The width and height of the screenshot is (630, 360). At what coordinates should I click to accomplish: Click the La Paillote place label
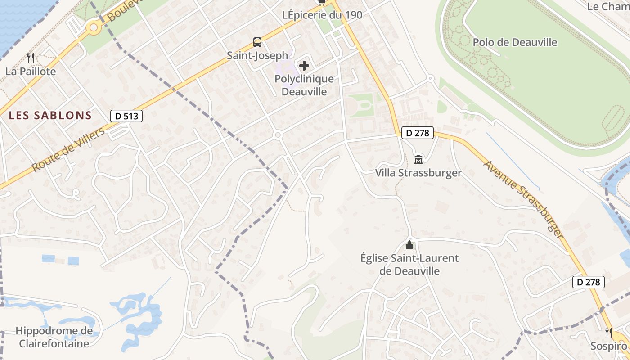pos(31,72)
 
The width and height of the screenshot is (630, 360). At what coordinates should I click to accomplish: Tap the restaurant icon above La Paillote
pos(31,58)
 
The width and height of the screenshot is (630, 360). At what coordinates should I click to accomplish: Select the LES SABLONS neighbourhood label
pos(50,115)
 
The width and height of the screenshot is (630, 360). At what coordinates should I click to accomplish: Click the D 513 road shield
pos(126,116)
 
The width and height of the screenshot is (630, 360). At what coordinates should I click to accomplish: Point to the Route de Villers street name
pos(68,149)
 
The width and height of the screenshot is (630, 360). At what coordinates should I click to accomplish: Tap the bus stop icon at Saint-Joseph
pos(257,42)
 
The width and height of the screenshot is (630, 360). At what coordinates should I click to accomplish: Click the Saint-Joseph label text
pos(257,55)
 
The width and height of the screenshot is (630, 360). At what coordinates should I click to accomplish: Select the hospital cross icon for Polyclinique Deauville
pos(304,66)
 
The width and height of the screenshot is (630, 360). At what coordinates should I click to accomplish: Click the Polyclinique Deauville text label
pos(304,85)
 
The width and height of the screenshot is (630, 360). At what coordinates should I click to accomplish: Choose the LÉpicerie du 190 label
pos(322,15)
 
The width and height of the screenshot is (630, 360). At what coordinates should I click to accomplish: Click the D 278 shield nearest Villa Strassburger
pos(418,133)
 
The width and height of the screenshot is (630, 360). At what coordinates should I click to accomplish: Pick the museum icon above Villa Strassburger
pos(418,159)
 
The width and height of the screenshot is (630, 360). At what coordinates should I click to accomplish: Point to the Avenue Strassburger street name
pos(523,196)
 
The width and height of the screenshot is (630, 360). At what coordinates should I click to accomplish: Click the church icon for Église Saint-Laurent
pos(409,245)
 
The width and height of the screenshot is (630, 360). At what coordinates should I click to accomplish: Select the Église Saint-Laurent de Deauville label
pos(409,265)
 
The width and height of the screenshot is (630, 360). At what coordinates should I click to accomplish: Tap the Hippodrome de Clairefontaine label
pos(54,337)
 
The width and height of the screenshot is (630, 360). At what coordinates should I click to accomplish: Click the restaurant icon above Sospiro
pos(609,333)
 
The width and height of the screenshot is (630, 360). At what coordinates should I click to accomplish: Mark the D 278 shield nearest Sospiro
pos(588,282)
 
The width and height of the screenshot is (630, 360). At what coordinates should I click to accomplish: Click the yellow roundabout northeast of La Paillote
pos(94,28)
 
